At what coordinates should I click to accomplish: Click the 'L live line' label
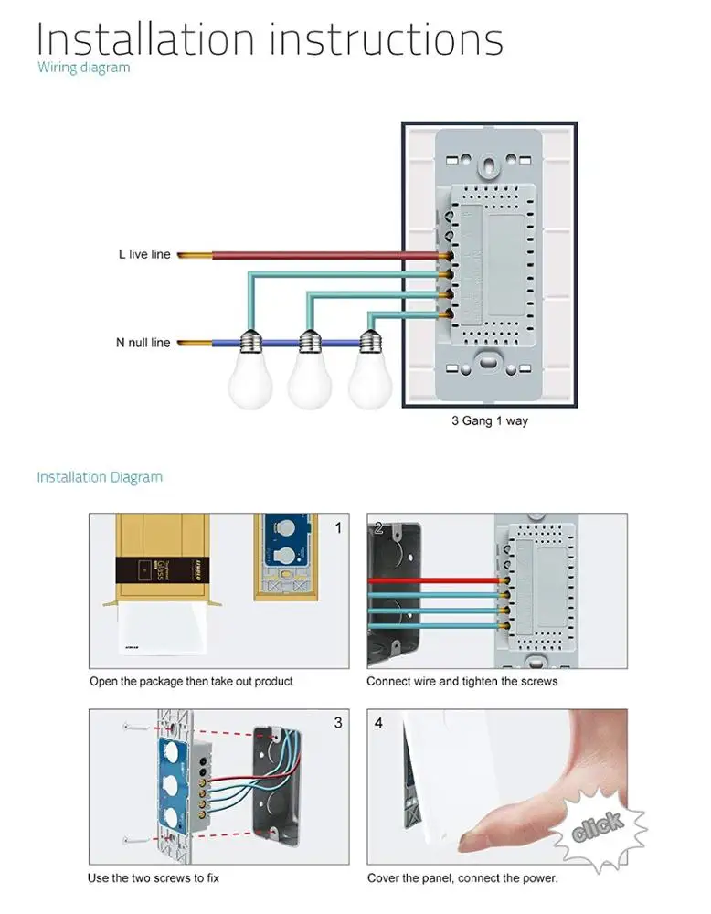coord(144,254)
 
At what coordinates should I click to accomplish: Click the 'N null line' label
coord(143,343)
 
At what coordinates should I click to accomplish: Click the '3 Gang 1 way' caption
coord(489,421)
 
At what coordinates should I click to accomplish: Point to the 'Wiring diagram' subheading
coord(83,68)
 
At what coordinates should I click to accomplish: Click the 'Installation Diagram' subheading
coord(100,477)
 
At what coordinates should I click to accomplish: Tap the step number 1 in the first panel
coord(338,527)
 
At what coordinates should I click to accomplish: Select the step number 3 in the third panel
coord(338,723)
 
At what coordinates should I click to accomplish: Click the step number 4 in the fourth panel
coord(378,723)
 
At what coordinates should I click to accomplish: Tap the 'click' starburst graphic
coord(599,826)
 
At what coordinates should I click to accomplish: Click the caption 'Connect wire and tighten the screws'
coord(462,681)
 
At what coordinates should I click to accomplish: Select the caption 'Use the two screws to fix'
coord(154,878)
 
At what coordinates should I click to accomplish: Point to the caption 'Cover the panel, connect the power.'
coord(462,878)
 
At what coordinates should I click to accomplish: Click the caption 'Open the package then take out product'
coord(191,681)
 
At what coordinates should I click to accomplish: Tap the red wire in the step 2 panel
coord(430,580)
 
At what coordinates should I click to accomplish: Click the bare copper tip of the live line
coord(194,254)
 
